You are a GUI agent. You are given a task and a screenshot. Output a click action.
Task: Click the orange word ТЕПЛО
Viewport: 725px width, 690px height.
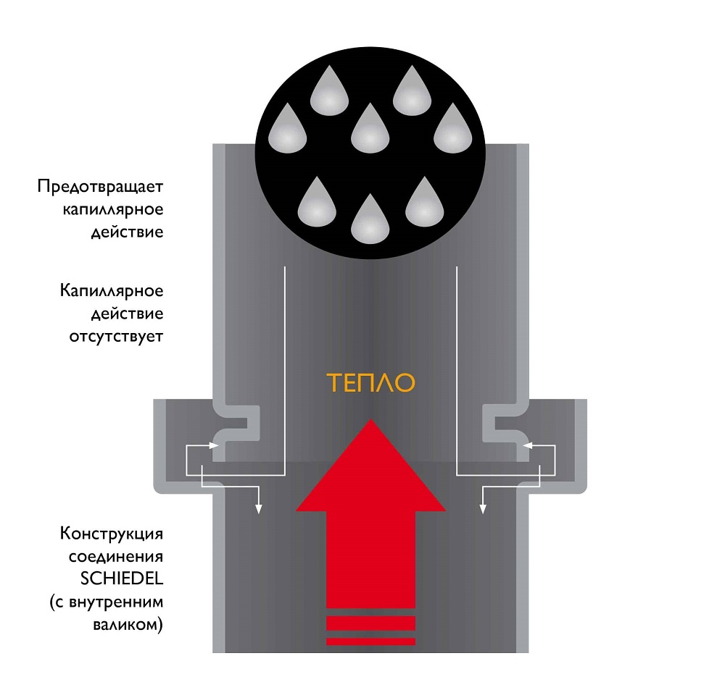coord(370,382)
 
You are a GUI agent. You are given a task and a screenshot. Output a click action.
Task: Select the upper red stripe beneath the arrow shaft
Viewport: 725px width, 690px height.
coord(370,623)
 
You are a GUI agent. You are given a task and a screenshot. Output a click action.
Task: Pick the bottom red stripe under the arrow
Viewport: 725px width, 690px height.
coord(370,641)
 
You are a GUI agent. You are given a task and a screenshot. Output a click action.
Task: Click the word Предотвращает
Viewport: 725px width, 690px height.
coord(101,187)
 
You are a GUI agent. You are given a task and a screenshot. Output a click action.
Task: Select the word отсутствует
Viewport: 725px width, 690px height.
coord(116,337)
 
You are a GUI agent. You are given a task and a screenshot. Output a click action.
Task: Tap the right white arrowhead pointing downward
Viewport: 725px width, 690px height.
coord(484,510)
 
